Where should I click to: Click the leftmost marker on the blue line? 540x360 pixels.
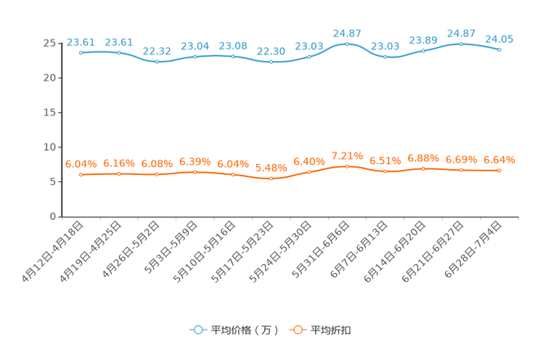coord(81,52)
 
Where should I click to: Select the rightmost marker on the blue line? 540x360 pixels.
coord(499,49)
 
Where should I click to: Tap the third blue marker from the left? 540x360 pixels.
coord(157,62)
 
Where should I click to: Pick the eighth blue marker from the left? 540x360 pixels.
coord(348,44)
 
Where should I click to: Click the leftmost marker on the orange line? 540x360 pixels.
coord(81,174)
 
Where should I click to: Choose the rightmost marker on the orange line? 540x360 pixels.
coord(499,170)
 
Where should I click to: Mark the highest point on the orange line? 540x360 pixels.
coord(348,165)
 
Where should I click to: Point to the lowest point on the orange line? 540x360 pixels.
coord(271,178)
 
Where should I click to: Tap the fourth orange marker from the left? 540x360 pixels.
coord(195,171)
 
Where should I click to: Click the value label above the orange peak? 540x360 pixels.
coord(347,155)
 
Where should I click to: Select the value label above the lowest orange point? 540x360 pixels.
coord(271,168)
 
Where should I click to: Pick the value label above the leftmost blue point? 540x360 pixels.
coord(80,41)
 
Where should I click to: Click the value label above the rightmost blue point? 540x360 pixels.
coord(499,38)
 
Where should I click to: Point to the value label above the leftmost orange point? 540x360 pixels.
coord(80,163)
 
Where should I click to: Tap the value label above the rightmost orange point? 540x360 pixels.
coord(499,159)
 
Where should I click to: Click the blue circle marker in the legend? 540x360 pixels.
coord(197,330)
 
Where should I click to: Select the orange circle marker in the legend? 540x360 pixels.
coord(297,330)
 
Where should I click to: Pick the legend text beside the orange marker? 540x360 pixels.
coord(332,330)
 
